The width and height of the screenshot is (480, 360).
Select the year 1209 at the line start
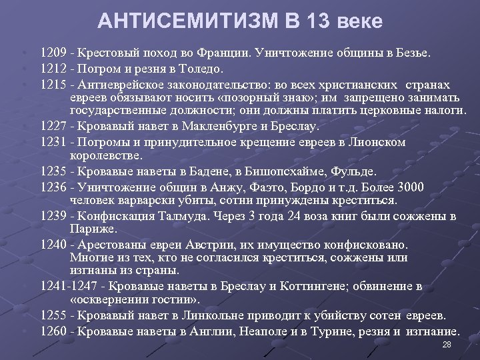53,52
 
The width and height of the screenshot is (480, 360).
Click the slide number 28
447,345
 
